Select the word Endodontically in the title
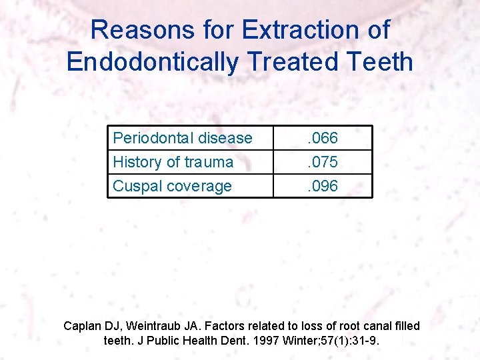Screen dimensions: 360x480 coord(153,62)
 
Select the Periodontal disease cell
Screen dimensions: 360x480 coord(183,138)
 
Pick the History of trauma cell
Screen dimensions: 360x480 coord(173,162)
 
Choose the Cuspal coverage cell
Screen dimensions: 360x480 coord(173,186)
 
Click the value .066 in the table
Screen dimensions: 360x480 coord(322,138)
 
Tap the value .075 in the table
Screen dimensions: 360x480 coord(322,162)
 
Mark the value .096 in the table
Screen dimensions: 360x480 coord(322,186)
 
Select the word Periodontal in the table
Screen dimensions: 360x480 coord(150,138)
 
